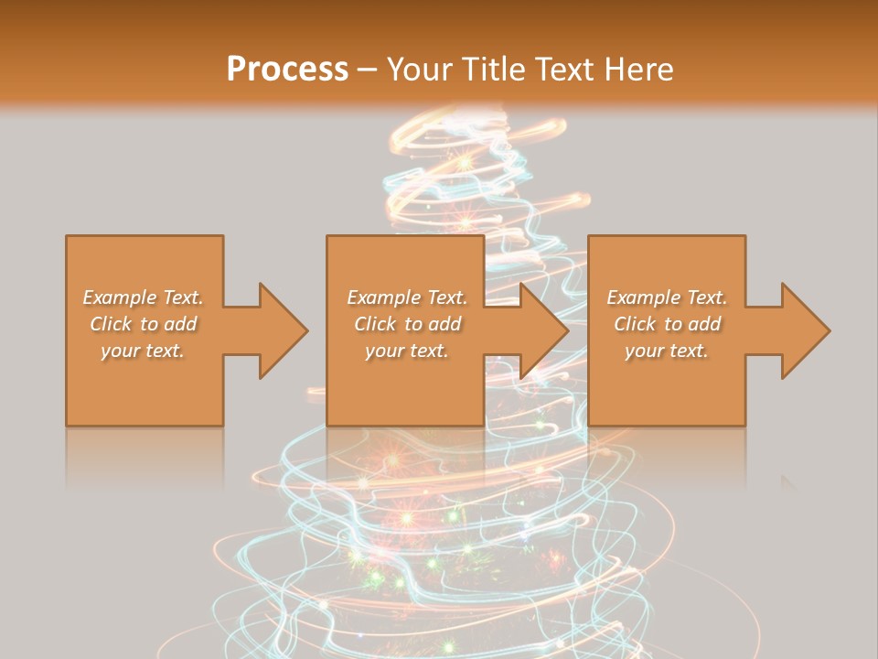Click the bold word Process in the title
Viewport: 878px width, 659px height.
pyautogui.click(x=287, y=70)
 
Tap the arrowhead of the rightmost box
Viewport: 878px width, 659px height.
pyautogui.click(x=804, y=330)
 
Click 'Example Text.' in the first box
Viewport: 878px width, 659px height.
pyautogui.click(x=144, y=297)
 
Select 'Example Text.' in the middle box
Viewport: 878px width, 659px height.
pyautogui.click(x=407, y=297)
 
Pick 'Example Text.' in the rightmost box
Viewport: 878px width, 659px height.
pyautogui.click(x=667, y=297)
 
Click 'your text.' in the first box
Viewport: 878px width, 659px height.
pyautogui.click(x=142, y=351)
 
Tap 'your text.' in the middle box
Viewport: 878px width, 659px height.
pyautogui.click(x=406, y=351)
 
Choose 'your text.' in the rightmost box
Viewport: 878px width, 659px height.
pyautogui.click(x=666, y=351)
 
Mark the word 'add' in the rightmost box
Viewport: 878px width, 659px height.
pyautogui.click(x=705, y=324)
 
